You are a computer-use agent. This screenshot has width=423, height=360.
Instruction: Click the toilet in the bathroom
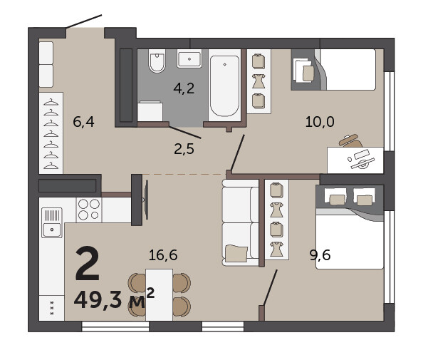click(157, 61)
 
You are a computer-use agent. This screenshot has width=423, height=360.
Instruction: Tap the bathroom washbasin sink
click(189, 58)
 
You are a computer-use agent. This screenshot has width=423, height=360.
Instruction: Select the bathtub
click(224, 86)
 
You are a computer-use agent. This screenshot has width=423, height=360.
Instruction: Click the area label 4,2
click(184, 88)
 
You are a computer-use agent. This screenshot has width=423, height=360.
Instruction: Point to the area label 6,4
click(83, 121)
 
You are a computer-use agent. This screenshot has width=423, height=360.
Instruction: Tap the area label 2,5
click(184, 149)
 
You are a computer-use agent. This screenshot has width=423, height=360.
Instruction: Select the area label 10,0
click(320, 121)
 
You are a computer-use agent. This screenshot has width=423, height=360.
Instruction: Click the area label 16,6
click(163, 255)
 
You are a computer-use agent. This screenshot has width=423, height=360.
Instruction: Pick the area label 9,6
click(320, 255)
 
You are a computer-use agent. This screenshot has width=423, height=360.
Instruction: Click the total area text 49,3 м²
click(114, 299)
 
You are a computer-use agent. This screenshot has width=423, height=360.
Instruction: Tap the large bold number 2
click(88, 263)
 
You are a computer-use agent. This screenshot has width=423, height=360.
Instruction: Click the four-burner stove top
click(89, 210)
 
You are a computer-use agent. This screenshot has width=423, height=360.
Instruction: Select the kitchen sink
click(52, 222)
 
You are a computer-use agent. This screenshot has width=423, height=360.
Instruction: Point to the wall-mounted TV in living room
click(146, 200)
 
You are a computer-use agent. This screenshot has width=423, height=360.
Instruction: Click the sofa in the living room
click(241, 223)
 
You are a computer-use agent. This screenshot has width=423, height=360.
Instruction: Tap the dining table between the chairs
click(160, 294)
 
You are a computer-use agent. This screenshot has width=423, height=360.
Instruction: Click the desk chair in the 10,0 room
click(350, 141)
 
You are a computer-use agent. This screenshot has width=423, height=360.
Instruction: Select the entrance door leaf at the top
click(84, 21)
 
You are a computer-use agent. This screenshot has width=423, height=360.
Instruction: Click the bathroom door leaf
click(185, 133)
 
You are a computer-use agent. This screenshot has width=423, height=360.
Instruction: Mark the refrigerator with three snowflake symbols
click(52, 308)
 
